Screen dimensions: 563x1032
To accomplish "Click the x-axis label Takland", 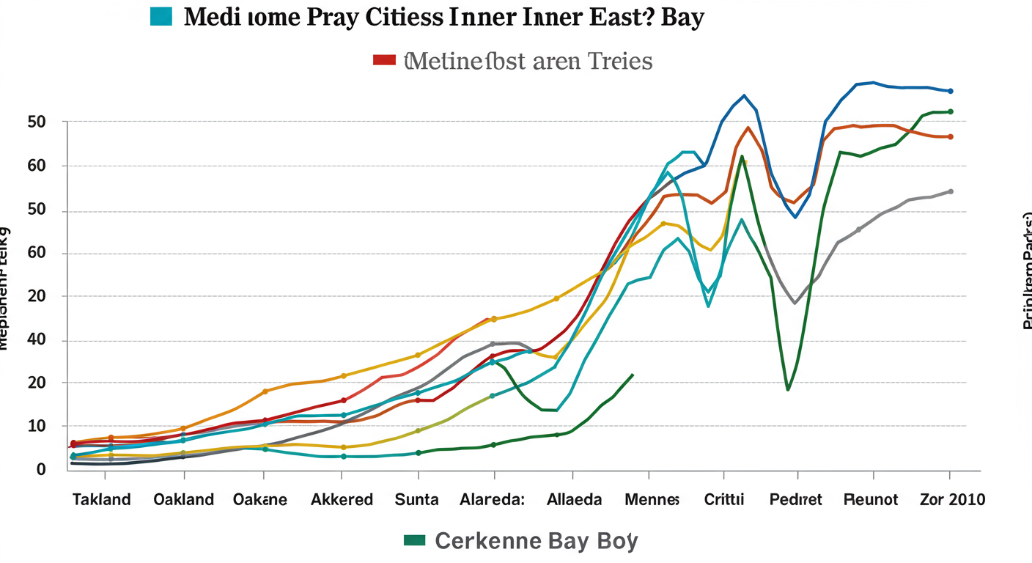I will [101, 500].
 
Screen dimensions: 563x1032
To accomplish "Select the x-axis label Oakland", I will [183, 500].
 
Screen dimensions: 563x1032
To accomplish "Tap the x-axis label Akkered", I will [342, 500].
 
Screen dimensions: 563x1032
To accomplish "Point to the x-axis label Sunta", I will [417, 500].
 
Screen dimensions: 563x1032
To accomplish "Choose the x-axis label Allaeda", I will [575, 500].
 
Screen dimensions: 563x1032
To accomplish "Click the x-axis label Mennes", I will [652, 500].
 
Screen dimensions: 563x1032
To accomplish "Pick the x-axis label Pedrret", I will [795, 500].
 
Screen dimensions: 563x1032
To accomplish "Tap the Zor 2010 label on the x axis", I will [952, 500].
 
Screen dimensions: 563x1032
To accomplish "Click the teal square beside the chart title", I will [161, 15].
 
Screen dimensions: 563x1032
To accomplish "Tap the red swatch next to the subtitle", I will [384, 59].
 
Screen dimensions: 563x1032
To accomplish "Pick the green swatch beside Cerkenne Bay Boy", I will [414, 540].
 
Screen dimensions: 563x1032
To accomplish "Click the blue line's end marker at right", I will [951, 91].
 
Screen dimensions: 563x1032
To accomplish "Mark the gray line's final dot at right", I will [951, 191].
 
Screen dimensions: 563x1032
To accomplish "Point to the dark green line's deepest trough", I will [788, 389].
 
